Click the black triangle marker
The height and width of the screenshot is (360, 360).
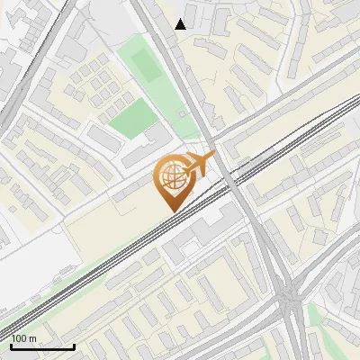(x=181, y=24)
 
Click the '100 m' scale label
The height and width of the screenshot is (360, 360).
(x=24, y=338)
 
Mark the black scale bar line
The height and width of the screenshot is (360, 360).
(x=42, y=347)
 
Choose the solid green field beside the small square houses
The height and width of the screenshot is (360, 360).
(x=133, y=119)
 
